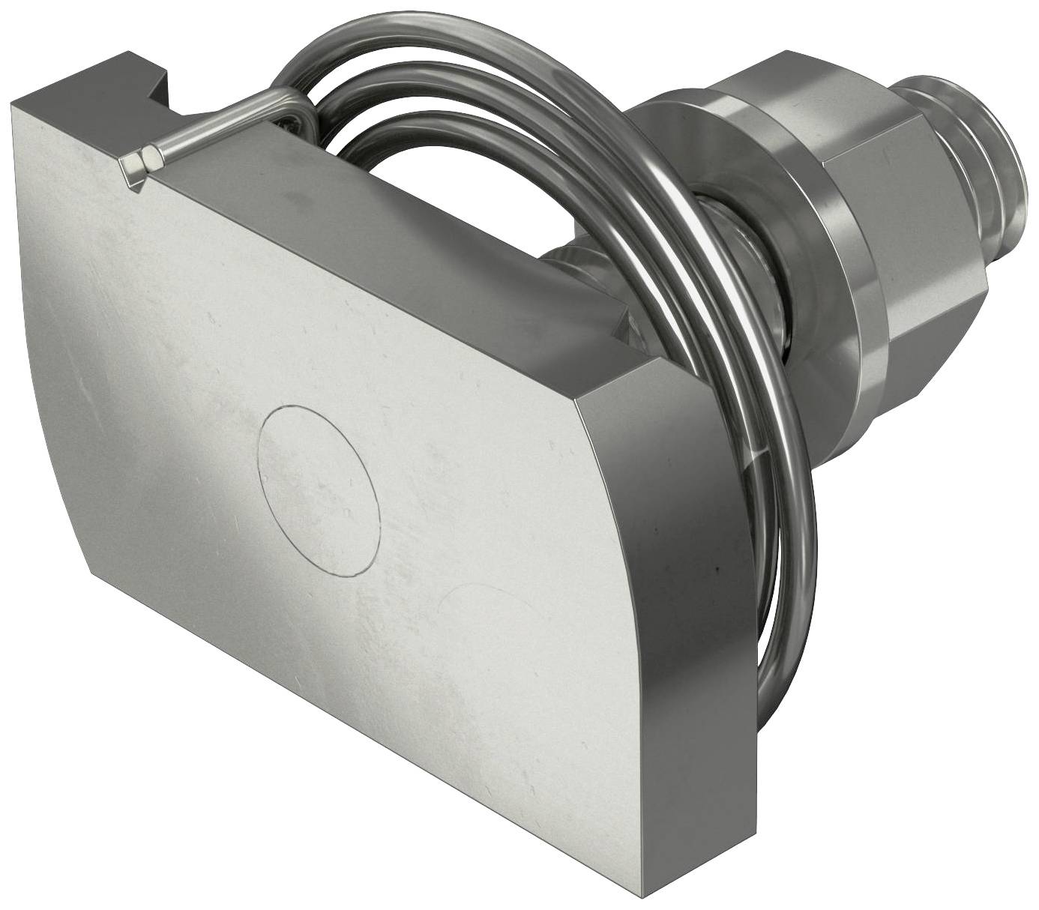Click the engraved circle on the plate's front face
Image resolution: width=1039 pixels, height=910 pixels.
click(x=318, y=492)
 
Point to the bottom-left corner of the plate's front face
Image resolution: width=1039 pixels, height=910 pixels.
click(x=94, y=573)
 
